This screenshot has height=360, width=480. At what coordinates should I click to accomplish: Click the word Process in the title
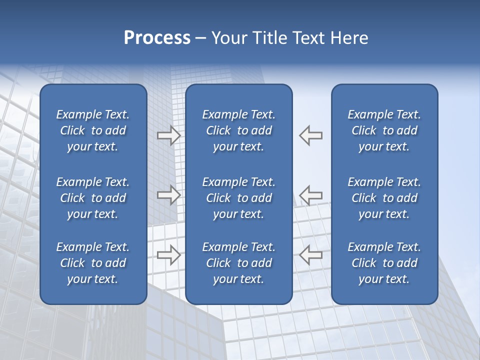(x=157, y=38)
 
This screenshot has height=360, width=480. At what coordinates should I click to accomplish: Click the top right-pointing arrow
(x=168, y=135)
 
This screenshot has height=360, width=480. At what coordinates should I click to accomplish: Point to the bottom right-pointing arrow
(x=168, y=255)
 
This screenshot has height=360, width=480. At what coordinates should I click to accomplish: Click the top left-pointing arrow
(x=311, y=135)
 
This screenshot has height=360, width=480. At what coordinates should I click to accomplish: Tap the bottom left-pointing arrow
(x=311, y=255)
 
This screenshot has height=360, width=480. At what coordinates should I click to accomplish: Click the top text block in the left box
(x=93, y=130)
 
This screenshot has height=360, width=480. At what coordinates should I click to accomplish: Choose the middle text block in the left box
(x=93, y=198)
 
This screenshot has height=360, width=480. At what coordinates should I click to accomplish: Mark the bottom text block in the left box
(x=93, y=263)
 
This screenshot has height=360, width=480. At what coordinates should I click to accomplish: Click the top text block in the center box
(x=239, y=130)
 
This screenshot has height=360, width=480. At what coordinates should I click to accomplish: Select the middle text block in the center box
(x=239, y=198)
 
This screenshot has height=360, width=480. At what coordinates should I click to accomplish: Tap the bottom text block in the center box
(x=239, y=263)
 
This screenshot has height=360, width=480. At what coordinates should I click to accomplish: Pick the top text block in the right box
(x=384, y=130)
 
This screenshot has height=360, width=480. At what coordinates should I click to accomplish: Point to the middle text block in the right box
(x=384, y=198)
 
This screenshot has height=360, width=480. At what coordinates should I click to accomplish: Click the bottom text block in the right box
(x=384, y=263)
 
